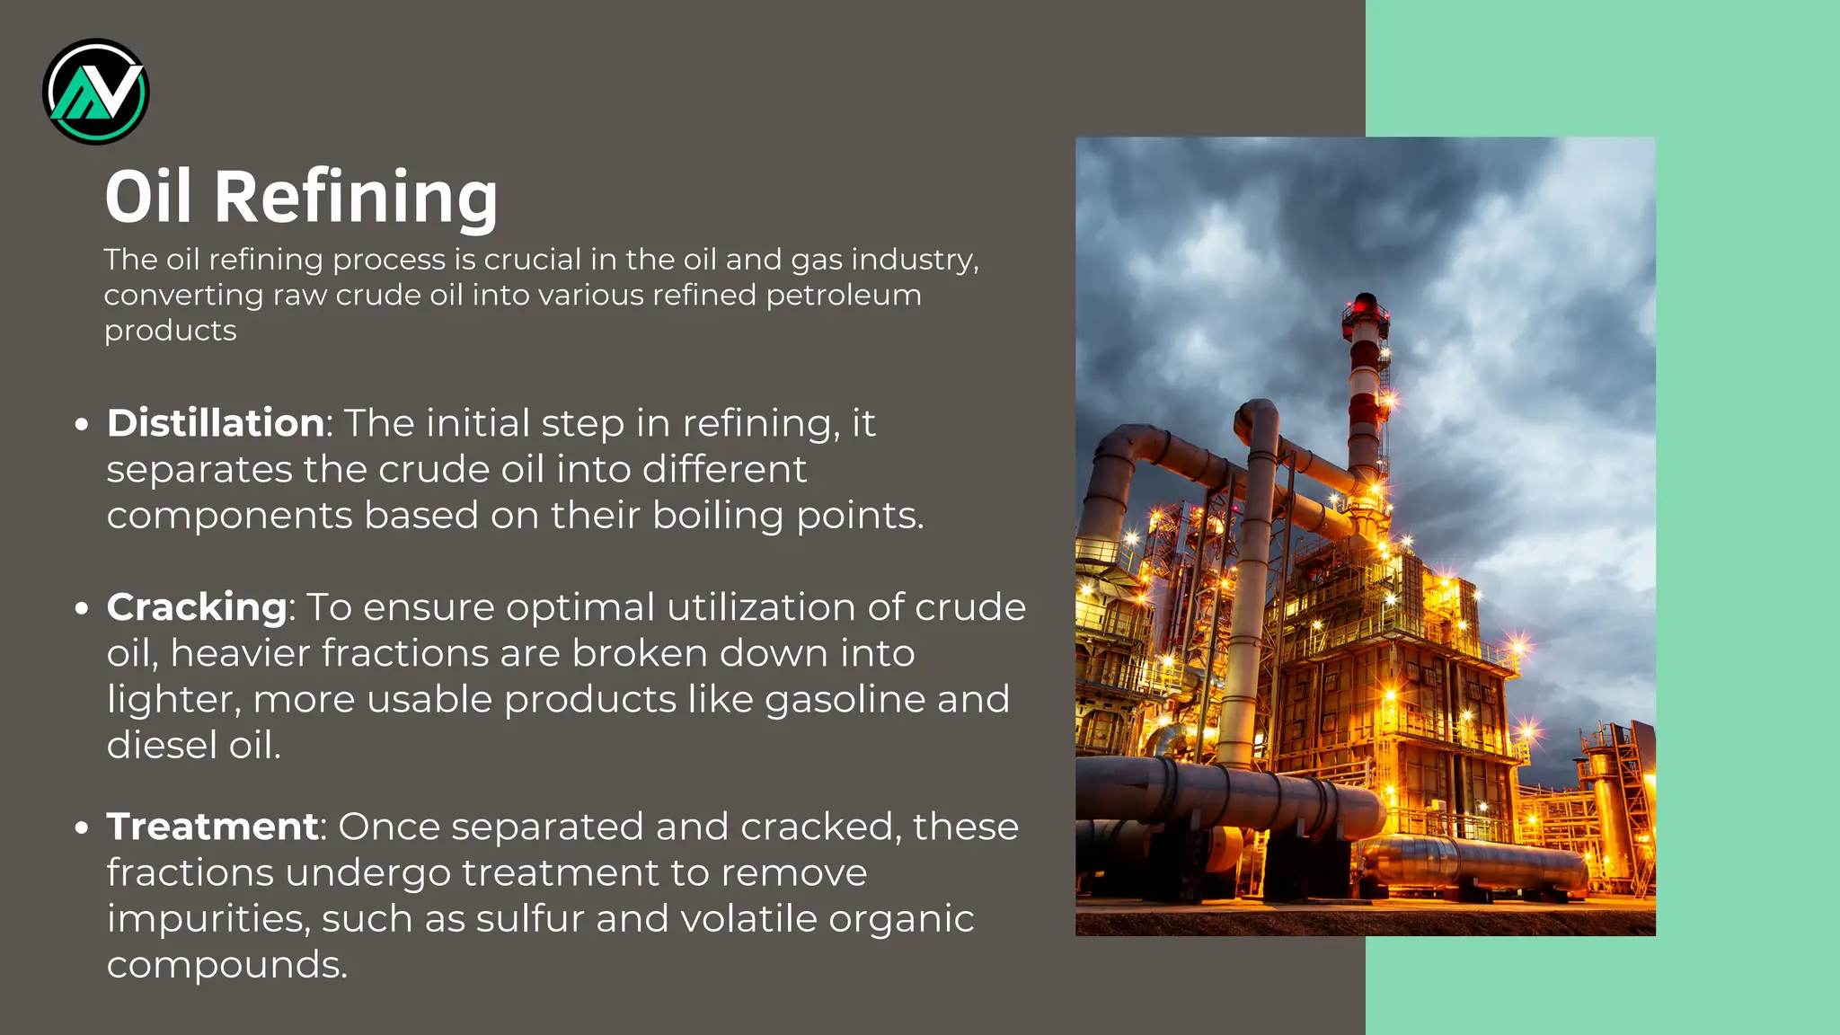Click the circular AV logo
click(x=96, y=92)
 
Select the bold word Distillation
click(x=216, y=423)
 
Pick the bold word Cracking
click(x=197, y=607)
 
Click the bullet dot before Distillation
click(x=82, y=424)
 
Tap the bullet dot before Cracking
click(x=82, y=608)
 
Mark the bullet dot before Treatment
click(x=82, y=827)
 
